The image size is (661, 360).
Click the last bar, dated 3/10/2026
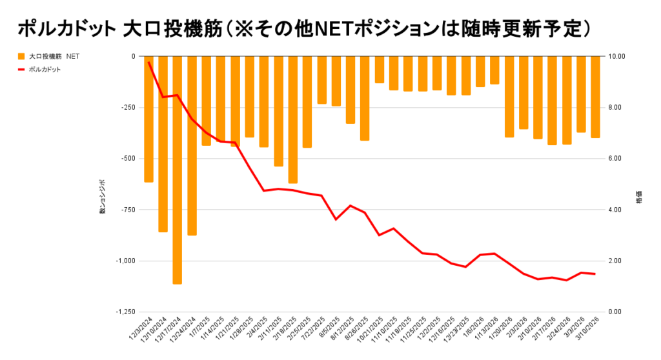(595, 97)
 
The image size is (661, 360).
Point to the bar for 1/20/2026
(509, 97)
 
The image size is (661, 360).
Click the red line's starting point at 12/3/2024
(148, 62)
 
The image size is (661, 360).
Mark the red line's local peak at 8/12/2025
(351, 206)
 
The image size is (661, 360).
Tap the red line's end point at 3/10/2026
(595, 274)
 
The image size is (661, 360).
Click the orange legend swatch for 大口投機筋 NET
(21, 56)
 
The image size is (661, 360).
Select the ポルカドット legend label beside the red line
(45, 69)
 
